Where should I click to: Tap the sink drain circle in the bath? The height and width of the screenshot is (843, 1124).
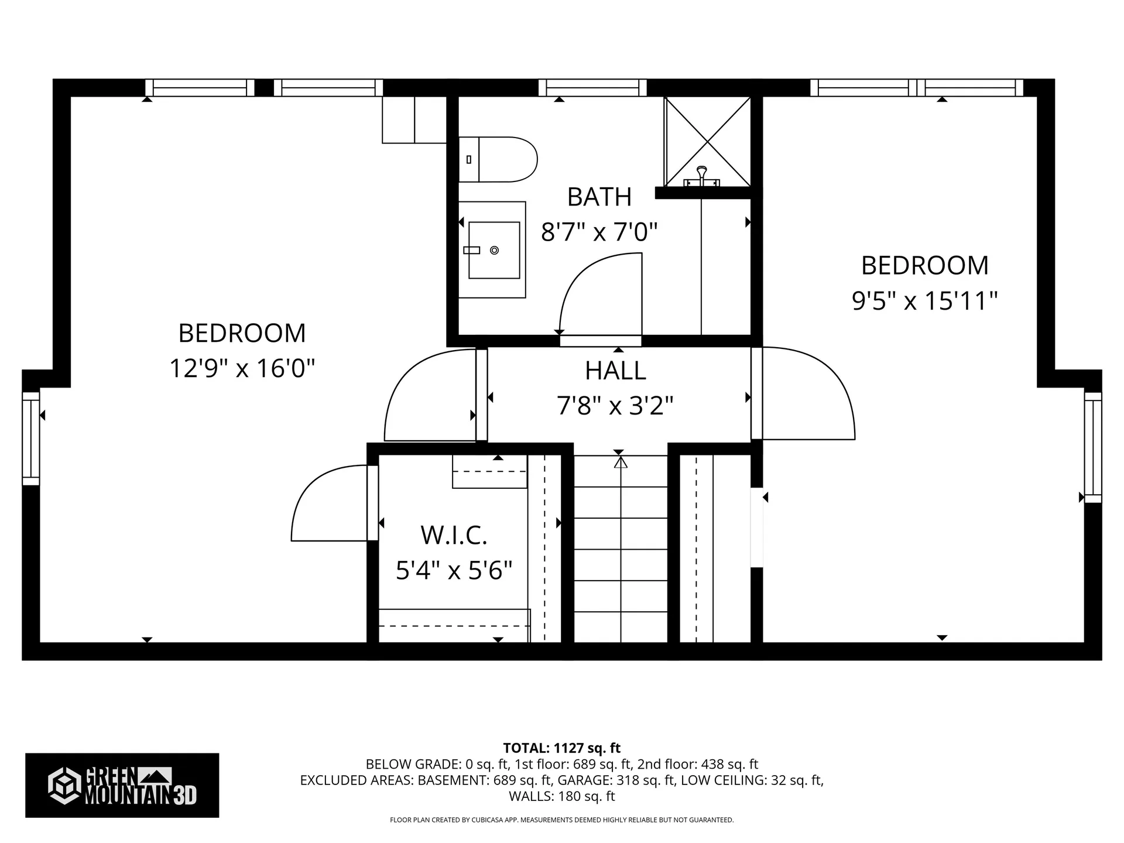[x=494, y=250]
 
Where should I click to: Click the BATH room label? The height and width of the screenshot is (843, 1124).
[x=599, y=197]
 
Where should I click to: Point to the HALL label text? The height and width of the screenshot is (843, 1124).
[x=615, y=371]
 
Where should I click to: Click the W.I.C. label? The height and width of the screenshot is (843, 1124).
[x=454, y=535]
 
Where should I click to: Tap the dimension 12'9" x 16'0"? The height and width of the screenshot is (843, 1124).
[x=242, y=369]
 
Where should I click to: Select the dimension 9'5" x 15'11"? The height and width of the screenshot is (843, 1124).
[x=924, y=301]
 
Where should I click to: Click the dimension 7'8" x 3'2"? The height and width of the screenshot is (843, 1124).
[x=615, y=405]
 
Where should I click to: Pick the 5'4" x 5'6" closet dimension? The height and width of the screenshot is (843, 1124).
[x=454, y=570]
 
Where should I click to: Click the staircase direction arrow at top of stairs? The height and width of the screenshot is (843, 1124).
[x=621, y=462]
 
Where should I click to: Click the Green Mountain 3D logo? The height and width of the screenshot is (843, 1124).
[x=122, y=785]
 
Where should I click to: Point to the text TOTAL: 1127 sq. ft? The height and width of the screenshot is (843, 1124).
[x=561, y=748]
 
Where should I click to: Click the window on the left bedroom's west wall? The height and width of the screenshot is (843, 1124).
[x=30, y=438]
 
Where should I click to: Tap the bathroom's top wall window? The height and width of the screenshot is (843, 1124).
[x=592, y=88]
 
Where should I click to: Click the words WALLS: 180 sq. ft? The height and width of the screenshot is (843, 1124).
[x=561, y=796]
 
